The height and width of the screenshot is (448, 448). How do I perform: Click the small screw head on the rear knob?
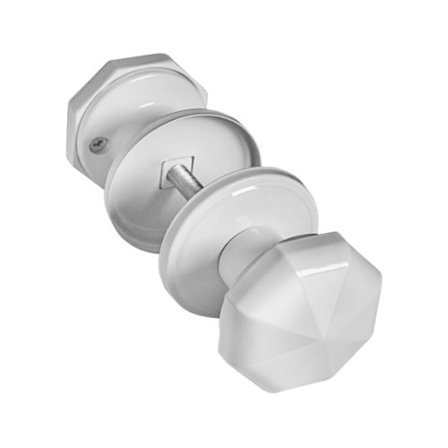pyautogui.click(x=98, y=141)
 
